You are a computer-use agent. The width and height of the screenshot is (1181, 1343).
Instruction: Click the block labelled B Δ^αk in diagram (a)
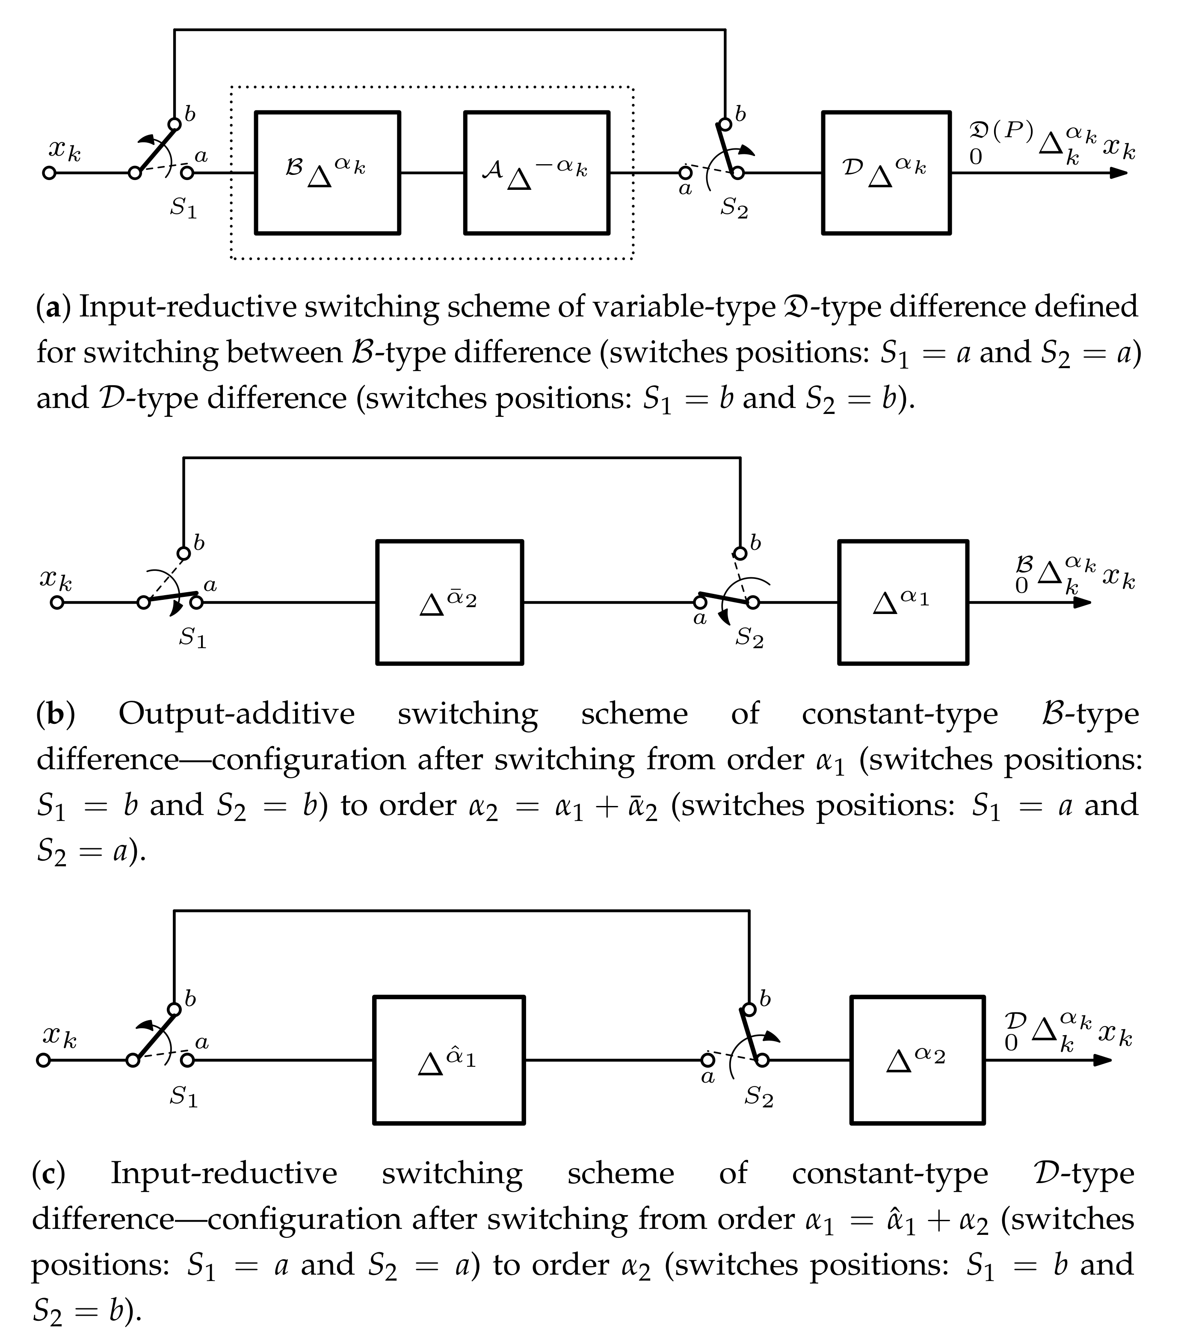(x=327, y=173)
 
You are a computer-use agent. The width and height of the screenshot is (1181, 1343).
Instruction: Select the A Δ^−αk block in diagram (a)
(x=536, y=173)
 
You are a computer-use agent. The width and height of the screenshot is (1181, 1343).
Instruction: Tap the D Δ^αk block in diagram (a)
(x=886, y=173)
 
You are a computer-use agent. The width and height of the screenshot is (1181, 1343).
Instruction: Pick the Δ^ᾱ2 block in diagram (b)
(x=450, y=602)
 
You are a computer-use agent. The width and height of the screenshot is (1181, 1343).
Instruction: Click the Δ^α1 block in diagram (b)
(x=903, y=602)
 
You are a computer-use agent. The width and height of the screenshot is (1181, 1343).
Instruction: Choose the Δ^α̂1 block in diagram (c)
(x=449, y=1060)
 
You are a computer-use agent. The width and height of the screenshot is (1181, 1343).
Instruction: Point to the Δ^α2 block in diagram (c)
(x=918, y=1060)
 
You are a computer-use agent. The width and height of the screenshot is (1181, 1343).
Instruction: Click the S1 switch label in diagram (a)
(x=184, y=208)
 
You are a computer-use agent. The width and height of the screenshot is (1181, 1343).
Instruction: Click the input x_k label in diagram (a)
(x=65, y=151)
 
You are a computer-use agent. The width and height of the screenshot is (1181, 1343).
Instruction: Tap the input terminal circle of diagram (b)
(x=57, y=602)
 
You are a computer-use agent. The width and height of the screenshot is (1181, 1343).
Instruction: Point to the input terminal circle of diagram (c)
(x=43, y=1060)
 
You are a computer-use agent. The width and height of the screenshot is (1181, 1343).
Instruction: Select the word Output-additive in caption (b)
(x=236, y=714)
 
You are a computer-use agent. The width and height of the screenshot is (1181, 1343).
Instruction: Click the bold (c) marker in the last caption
(x=49, y=1173)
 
